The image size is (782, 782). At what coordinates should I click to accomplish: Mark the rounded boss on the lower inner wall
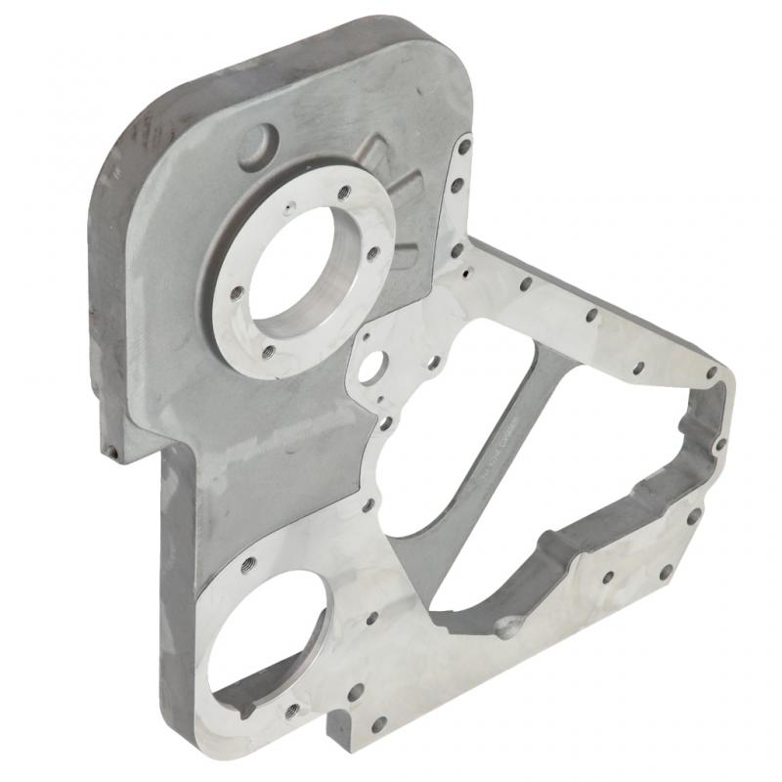tap(507, 626)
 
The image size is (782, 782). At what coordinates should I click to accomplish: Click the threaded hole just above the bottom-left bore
tap(248, 564)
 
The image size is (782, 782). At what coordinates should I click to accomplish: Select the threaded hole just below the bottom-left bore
tap(291, 710)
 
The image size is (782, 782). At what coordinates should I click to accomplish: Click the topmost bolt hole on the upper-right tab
tap(464, 147)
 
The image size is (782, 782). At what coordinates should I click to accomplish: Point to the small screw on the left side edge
tap(111, 452)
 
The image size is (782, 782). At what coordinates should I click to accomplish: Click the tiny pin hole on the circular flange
tap(287, 207)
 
